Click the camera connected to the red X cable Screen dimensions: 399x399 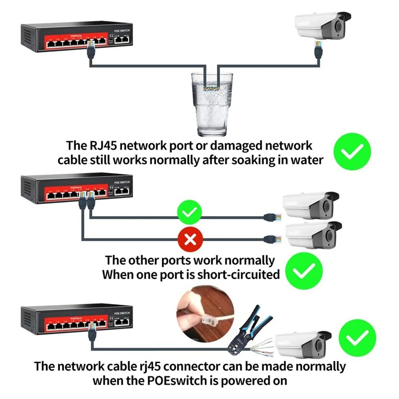pos(312,234)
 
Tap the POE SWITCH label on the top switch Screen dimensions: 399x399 pos(122,31)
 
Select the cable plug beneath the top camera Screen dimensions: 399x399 pos(317,49)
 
